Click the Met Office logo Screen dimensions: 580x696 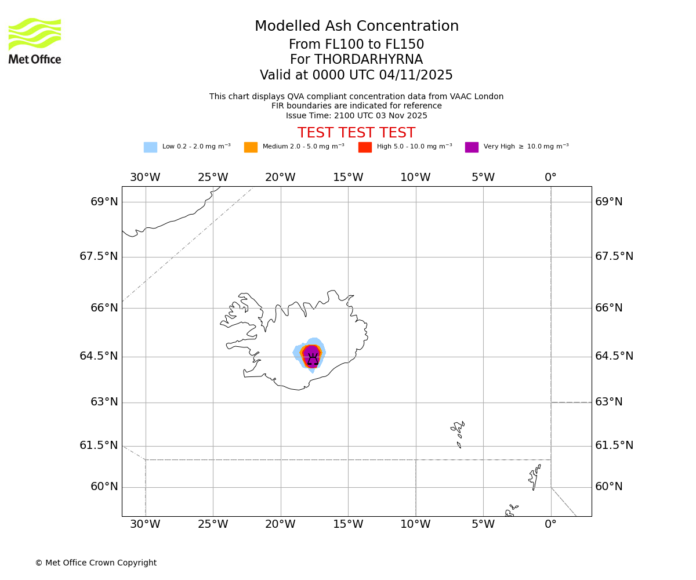(35, 41)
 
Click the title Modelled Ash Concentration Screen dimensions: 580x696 (356, 27)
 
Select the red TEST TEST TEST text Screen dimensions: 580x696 (356, 133)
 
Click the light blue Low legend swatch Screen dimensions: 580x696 (150, 147)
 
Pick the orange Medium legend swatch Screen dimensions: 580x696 (251, 147)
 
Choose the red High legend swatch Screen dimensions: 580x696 (365, 147)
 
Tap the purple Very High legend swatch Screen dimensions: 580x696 (472, 147)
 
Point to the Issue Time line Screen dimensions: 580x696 (356, 116)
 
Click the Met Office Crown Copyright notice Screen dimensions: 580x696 (96, 563)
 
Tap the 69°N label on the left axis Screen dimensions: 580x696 (104, 202)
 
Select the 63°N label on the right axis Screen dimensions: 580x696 (609, 402)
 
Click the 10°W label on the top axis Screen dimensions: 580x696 (415, 177)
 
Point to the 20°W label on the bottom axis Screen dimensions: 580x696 (280, 525)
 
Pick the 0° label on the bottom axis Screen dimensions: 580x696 (550, 525)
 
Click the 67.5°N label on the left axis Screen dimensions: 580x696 (99, 256)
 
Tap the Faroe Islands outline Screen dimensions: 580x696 (458, 432)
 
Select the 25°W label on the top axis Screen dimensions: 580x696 (213, 177)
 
